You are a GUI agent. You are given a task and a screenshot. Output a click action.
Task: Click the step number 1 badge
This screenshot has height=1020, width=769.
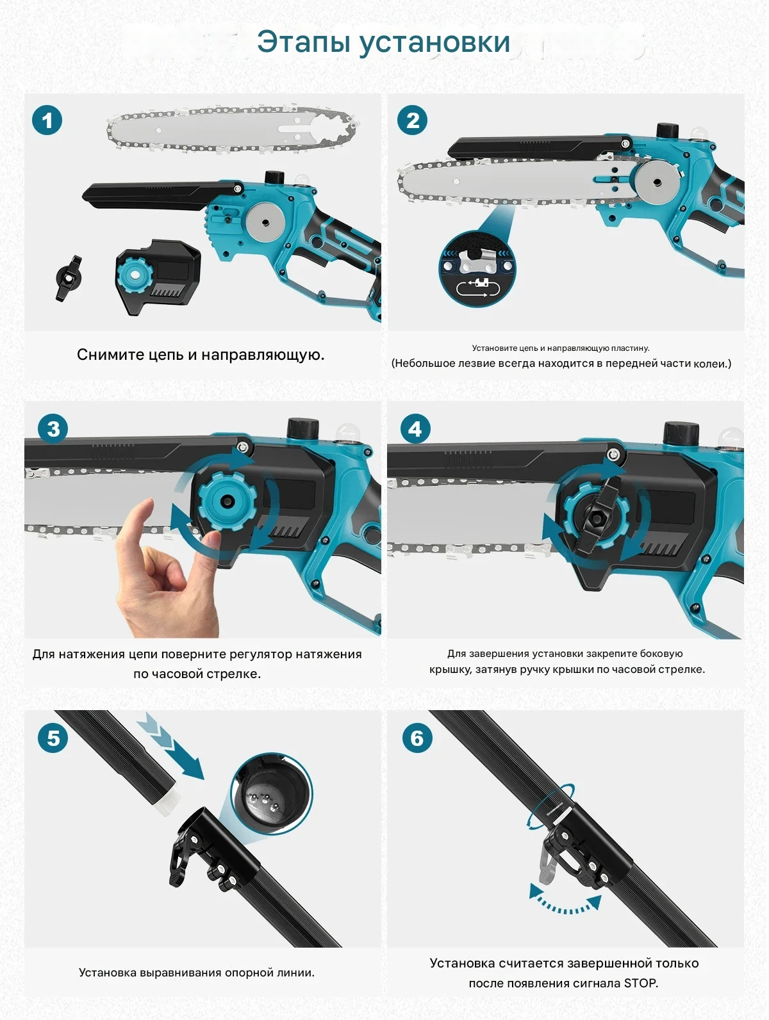47,120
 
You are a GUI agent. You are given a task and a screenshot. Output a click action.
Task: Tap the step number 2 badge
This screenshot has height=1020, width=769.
413,120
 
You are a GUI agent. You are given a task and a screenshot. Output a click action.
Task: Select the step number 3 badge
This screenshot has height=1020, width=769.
53,429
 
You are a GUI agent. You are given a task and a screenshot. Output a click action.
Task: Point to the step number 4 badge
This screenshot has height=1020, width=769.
415,429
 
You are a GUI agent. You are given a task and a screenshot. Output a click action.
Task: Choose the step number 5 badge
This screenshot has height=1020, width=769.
53,738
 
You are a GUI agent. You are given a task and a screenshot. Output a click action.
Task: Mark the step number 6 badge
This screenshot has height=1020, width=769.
417,738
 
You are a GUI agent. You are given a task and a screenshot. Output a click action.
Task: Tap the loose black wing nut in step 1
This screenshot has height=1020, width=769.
69,279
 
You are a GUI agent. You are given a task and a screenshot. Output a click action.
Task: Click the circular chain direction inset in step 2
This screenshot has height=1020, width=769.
477,268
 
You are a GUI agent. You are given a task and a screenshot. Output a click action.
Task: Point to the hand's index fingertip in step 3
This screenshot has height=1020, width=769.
148,503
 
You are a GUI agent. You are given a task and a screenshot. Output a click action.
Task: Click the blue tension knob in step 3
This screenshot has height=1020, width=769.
227,501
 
